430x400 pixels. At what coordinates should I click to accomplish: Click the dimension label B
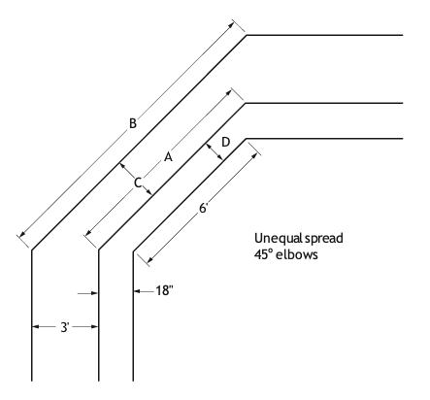coord(133,123)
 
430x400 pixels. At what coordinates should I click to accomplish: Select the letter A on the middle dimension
coord(168,157)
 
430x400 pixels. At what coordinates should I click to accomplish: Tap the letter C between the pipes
coord(138,183)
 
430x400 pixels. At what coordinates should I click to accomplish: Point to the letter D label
coord(226,142)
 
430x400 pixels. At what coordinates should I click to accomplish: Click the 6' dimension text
coord(203,208)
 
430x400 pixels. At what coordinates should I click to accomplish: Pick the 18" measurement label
coord(165,290)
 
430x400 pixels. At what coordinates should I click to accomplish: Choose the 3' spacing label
coord(65,327)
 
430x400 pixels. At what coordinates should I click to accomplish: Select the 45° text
coord(263,254)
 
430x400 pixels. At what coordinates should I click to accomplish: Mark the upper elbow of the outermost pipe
coord(247,35)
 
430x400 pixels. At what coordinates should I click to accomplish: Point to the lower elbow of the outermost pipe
coord(32,250)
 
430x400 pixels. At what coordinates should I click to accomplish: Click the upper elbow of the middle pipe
coord(246,103)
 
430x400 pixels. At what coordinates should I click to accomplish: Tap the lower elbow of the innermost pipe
coord(133,251)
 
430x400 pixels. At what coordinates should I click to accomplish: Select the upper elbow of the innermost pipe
coord(247,139)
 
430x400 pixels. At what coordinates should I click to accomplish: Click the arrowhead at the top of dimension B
coord(230,24)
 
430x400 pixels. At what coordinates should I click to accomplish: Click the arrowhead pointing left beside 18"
coord(137,291)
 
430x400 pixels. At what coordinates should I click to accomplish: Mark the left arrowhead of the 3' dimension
coord(36,327)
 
